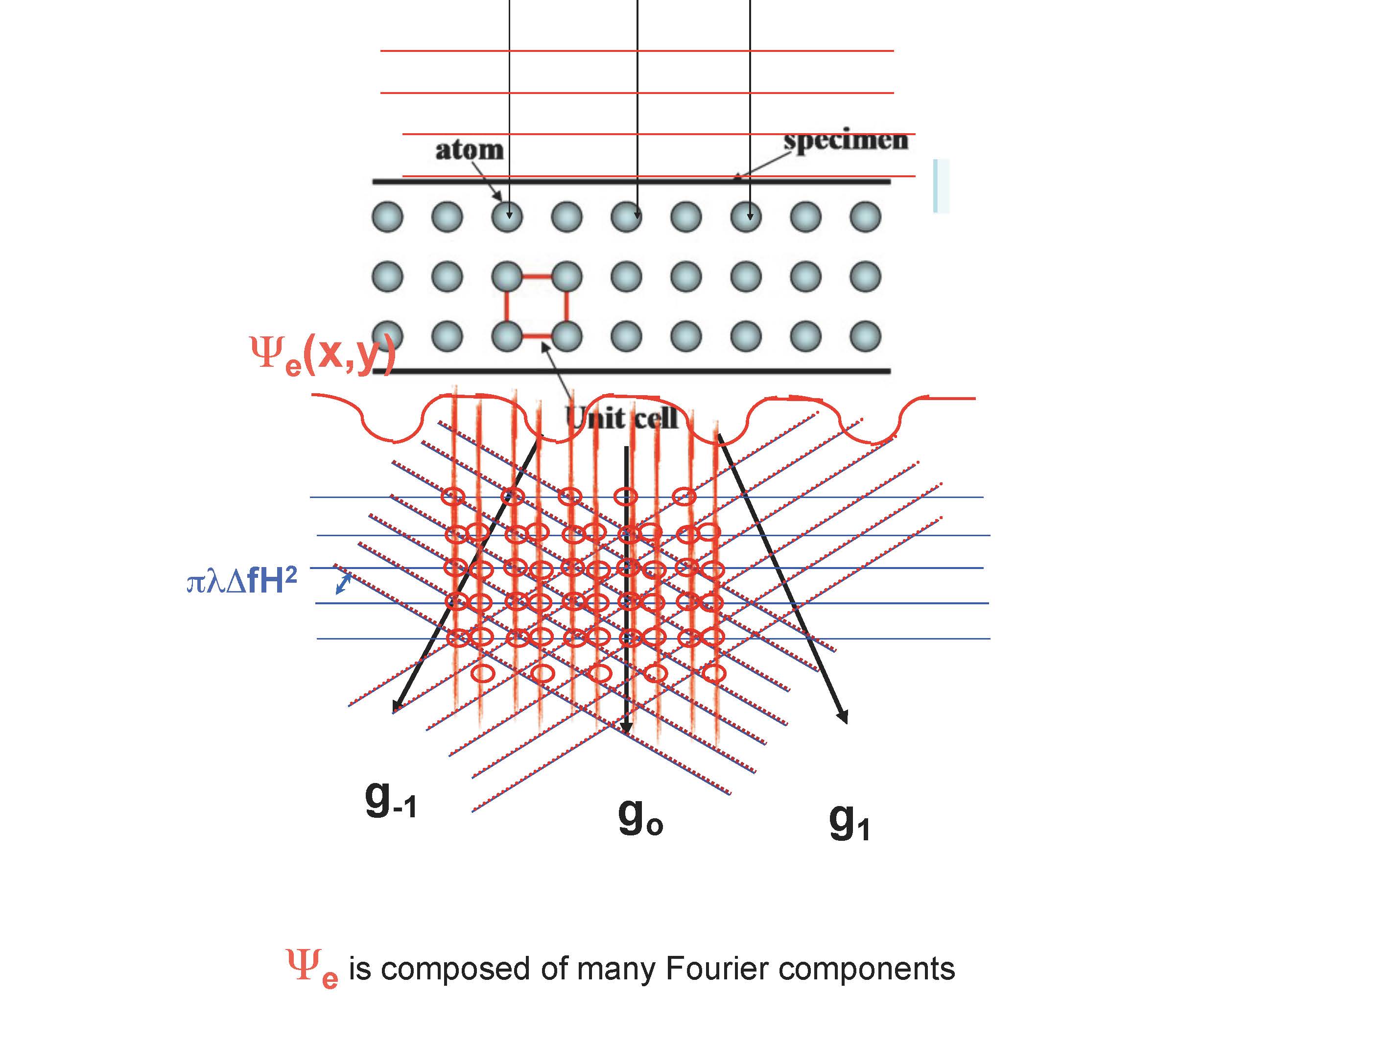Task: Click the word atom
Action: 469,150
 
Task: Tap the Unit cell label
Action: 621,418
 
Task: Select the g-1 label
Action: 390,800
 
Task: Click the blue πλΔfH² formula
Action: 241,580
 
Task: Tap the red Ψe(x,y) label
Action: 323,355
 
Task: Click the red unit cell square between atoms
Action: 536,306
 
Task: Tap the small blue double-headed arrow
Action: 343,583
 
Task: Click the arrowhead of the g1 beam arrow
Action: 844,717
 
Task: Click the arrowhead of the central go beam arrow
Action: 625,728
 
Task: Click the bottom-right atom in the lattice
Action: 865,336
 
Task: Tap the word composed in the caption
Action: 456,969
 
